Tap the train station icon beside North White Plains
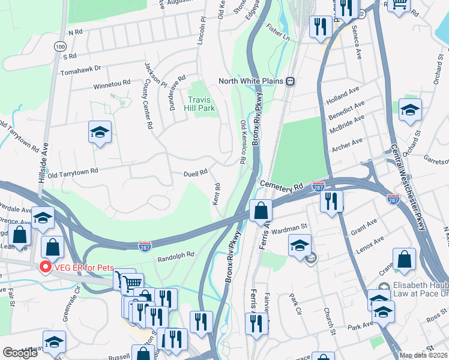point(290,81)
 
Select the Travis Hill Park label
point(201,104)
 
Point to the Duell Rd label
point(195,172)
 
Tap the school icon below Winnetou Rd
point(100,132)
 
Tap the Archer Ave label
point(346,143)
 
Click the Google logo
point(20,353)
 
